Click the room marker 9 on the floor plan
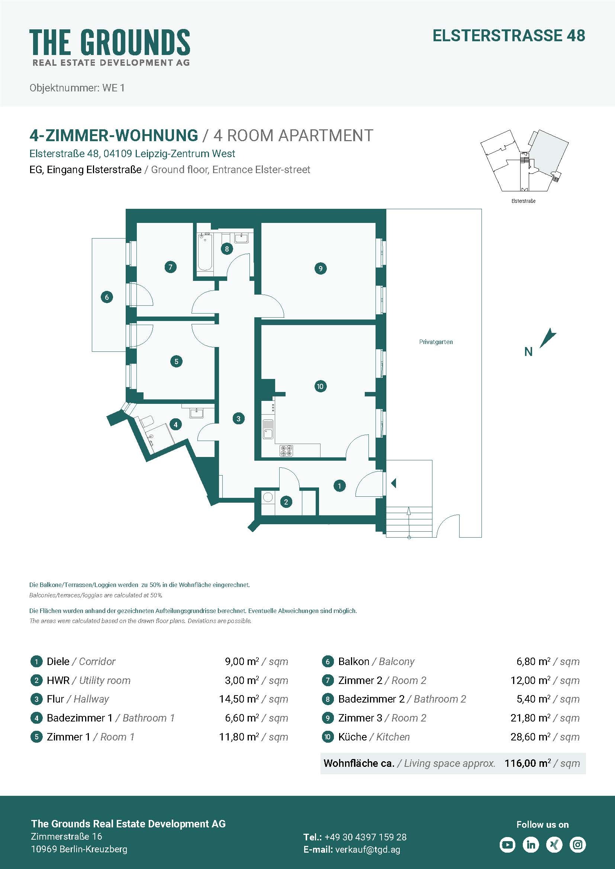321,268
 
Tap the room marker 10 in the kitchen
321,386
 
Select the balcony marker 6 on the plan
107,297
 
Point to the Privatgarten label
436,342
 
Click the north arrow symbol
548,338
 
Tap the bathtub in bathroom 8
205,252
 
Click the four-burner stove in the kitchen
286,450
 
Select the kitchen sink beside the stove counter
268,429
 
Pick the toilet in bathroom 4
146,421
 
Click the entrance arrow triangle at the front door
393,483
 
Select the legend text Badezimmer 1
80,718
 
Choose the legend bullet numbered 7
328,680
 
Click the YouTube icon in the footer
508,844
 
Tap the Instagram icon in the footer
578,844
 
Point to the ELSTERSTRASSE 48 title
509,36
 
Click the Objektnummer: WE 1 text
77,88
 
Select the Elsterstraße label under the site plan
524,201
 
